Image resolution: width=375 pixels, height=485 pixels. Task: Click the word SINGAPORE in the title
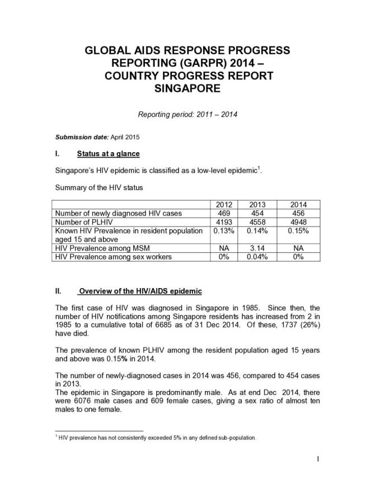tap(187, 88)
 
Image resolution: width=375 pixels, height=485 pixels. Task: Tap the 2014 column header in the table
tap(298, 204)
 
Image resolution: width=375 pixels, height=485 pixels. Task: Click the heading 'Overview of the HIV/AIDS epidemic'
tap(140, 291)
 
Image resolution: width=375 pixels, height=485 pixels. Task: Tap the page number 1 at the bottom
tap(317, 460)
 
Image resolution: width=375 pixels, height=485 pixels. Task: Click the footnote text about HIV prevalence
tap(157, 437)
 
